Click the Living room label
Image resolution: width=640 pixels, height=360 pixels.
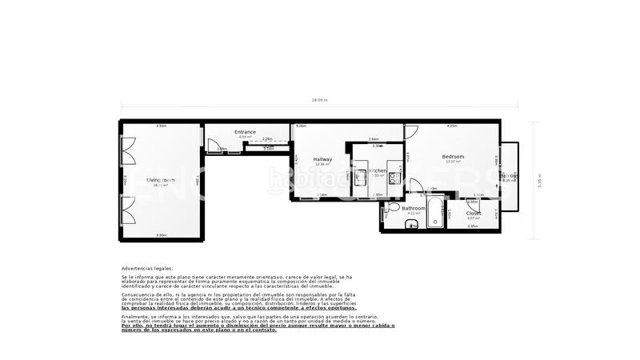tap(160, 180)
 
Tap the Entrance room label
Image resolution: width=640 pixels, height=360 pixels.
tap(245, 132)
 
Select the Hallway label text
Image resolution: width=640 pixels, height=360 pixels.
tap(322, 159)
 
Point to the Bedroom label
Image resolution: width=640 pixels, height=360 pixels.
tap(453, 156)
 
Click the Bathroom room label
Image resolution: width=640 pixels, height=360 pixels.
tap(414, 208)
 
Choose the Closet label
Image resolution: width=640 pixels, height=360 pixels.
tap(474, 214)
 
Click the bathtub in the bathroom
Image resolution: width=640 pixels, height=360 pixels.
tap(436, 214)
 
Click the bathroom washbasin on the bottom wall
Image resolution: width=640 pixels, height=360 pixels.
tap(412, 226)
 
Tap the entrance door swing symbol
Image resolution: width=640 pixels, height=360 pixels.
tap(214, 146)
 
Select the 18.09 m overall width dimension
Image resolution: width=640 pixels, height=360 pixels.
tap(320, 101)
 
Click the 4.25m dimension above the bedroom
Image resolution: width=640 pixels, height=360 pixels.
tap(452, 126)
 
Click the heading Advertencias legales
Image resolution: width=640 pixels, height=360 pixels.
tap(146, 269)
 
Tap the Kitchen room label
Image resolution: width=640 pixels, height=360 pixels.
tap(378, 170)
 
